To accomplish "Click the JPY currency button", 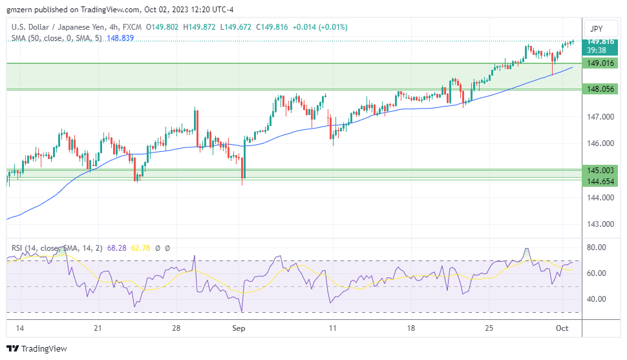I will pyautogui.click(x=597, y=29).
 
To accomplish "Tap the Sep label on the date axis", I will pyautogui.click(x=239, y=328).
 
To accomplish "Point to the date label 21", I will pyautogui.click(x=98, y=328).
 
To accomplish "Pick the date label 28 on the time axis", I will pyautogui.click(x=176, y=328).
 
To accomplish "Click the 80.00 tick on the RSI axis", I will pyautogui.click(x=595, y=248).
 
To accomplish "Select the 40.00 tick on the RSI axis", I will pyautogui.click(x=595, y=299).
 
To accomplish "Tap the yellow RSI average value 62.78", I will pyautogui.click(x=141, y=248).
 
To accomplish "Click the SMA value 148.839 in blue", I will pyautogui.click(x=120, y=38).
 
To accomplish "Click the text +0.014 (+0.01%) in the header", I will pyautogui.click(x=320, y=27).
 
